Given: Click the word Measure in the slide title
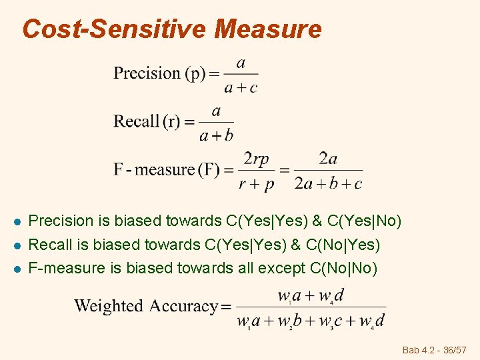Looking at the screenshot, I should point(268,29).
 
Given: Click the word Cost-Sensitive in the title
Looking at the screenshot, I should point(115,29).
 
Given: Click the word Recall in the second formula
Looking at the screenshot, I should point(137,121).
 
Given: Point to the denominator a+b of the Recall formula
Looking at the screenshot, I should point(216,136).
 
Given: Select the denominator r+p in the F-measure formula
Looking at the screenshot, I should point(257,184).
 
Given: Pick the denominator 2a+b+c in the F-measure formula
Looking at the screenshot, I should point(328,184).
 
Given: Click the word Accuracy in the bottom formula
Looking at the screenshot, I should point(184,307).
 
